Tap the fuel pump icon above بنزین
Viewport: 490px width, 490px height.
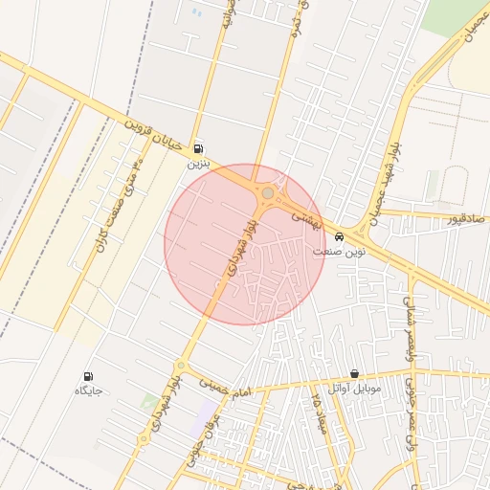click(x=198, y=148)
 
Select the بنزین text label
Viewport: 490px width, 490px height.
click(x=197, y=164)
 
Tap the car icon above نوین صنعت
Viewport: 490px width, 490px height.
click(x=340, y=236)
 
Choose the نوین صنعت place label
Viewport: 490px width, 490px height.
click(x=339, y=251)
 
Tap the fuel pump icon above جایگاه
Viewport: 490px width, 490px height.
click(x=89, y=377)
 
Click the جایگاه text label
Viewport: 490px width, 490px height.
click(x=88, y=391)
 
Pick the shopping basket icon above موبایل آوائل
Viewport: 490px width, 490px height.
click(x=354, y=374)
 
